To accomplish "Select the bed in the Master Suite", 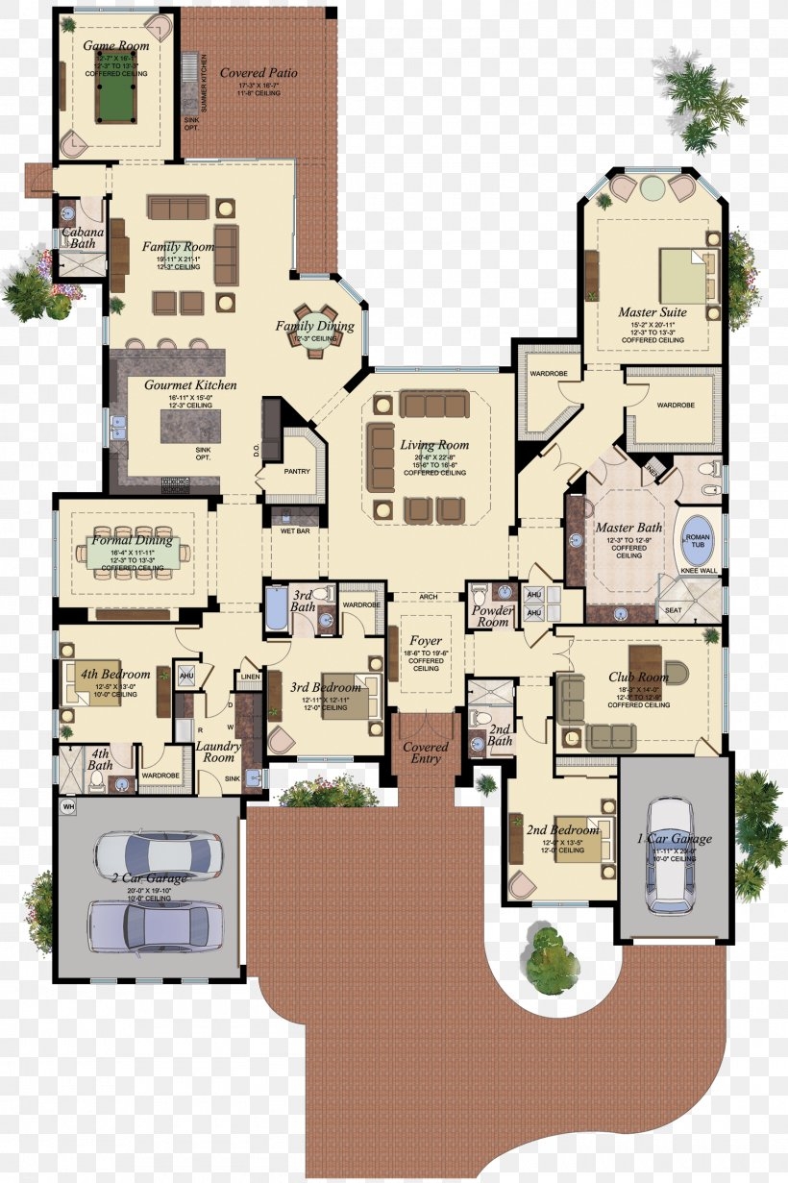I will pyautogui.click(x=686, y=277).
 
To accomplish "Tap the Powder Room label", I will pyautogui.click(x=493, y=616).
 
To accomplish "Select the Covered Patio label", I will pyautogui.click(x=259, y=73).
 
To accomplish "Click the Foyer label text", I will pyautogui.click(x=426, y=640).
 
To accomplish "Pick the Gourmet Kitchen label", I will pyautogui.click(x=190, y=385).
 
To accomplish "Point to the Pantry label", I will pyautogui.click(x=298, y=472).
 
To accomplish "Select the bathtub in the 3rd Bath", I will pyautogui.click(x=277, y=609).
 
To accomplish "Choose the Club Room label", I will pyautogui.click(x=639, y=678).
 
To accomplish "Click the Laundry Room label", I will pyautogui.click(x=217, y=752).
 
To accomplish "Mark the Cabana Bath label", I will pyautogui.click(x=82, y=237).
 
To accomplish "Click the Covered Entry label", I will pyautogui.click(x=426, y=752).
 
